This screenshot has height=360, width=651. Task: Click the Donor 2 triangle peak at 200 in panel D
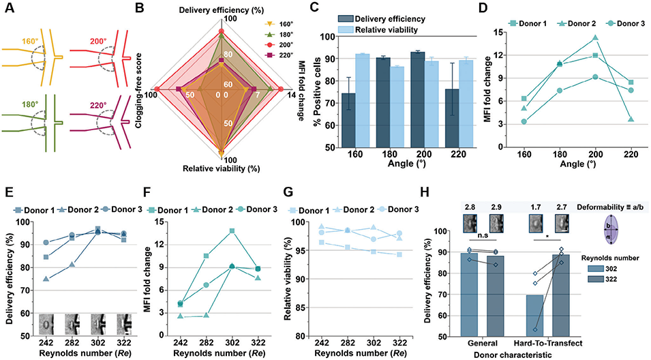[595, 38]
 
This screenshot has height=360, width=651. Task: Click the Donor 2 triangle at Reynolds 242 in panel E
[46, 279]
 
